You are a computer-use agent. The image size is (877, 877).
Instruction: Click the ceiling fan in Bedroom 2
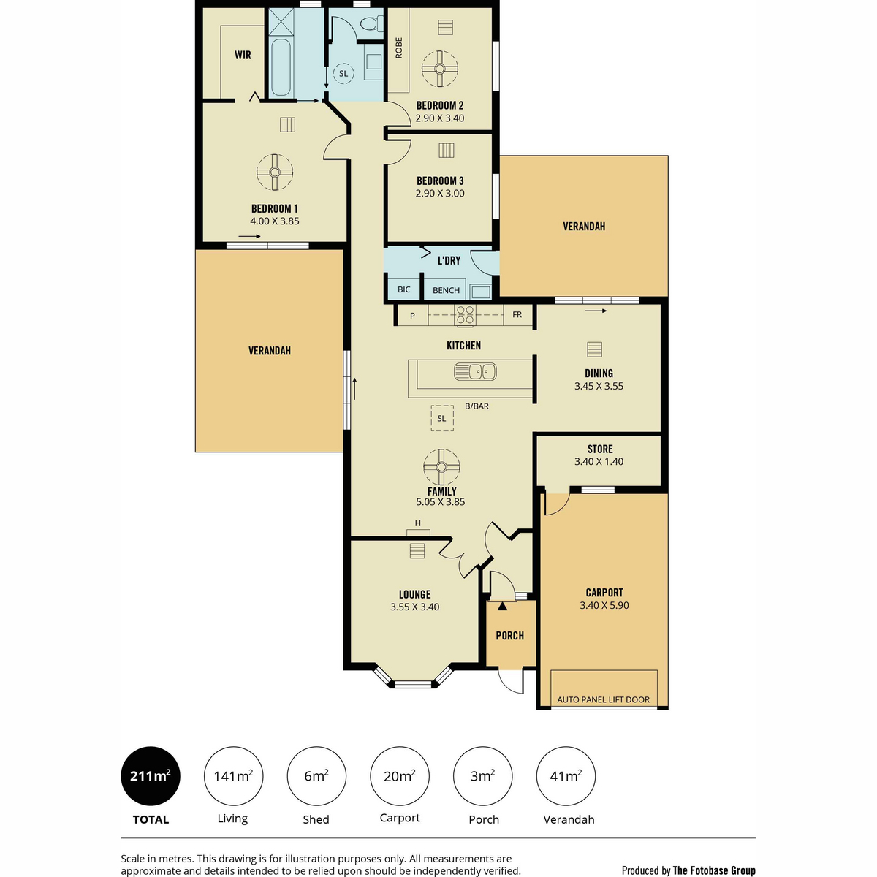pyautogui.click(x=439, y=69)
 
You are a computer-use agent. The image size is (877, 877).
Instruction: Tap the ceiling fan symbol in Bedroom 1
pyautogui.click(x=275, y=172)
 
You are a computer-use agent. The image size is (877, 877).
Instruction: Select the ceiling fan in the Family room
pyautogui.click(x=441, y=467)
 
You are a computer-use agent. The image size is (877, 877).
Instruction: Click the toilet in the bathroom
pyautogui.click(x=371, y=23)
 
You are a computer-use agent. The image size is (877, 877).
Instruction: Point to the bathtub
pyautogui.click(x=281, y=67)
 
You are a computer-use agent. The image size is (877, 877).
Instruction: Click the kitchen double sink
pyautogui.click(x=475, y=371)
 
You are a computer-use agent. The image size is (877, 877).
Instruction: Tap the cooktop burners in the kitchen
pyautogui.click(x=465, y=315)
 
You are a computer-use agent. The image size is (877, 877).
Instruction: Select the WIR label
pyautogui.click(x=243, y=55)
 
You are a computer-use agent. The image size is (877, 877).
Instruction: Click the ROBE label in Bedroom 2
pyautogui.click(x=399, y=48)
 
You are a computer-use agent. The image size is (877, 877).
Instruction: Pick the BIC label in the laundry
pyautogui.click(x=403, y=289)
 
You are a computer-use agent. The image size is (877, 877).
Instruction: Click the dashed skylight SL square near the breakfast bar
pyautogui.click(x=442, y=418)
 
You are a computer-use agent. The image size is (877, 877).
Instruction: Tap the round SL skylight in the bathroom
pyautogui.click(x=343, y=73)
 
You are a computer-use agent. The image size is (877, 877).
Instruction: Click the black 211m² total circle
pyautogui.click(x=151, y=776)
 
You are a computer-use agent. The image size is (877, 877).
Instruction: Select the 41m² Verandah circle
pyautogui.click(x=566, y=776)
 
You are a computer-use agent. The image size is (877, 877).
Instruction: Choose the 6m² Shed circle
pyautogui.click(x=316, y=776)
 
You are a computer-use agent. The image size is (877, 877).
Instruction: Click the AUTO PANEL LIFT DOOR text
pyautogui.click(x=603, y=699)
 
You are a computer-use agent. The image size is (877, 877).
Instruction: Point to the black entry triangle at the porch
pyautogui.click(x=502, y=606)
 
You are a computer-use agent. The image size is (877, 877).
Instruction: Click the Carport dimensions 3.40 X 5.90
pyautogui.click(x=604, y=605)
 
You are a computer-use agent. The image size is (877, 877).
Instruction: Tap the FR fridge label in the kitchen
pyautogui.click(x=517, y=314)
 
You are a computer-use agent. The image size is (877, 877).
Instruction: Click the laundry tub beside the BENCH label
pyautogui.click(x=480, y=292)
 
